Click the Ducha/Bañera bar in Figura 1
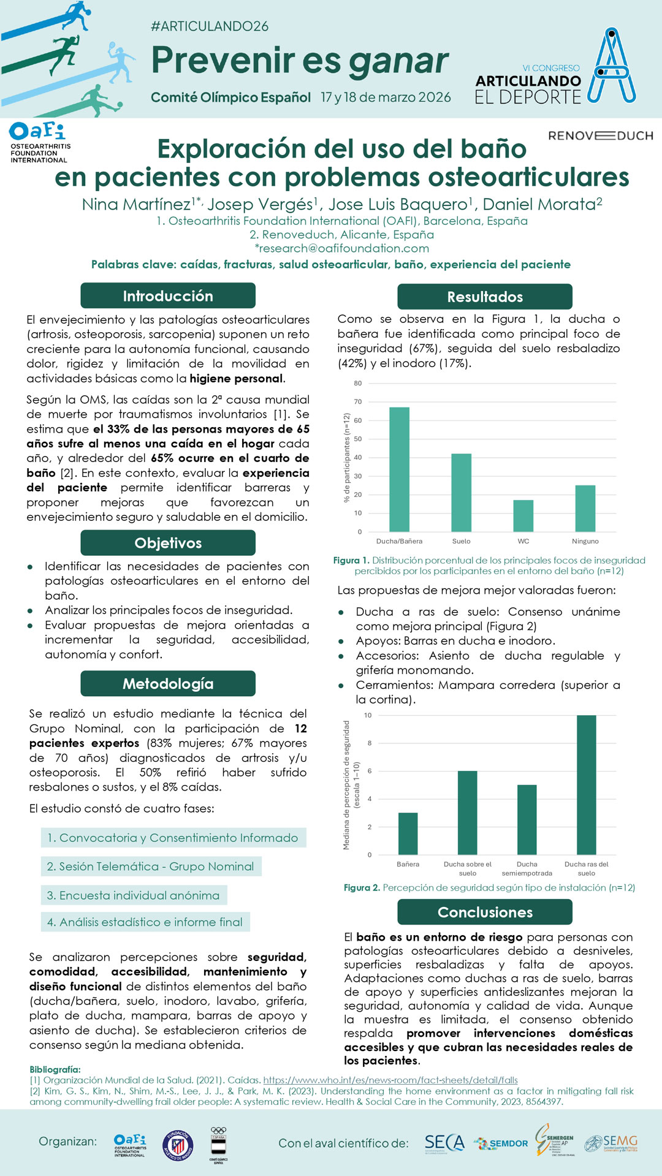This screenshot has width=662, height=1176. [399, 469]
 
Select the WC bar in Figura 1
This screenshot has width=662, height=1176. [523, 516]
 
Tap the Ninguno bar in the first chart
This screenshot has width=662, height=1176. [585, 509]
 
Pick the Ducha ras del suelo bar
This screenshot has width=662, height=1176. [586, 785]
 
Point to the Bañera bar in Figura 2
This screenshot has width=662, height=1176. [408, 833]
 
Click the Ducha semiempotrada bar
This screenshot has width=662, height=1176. [527, 819]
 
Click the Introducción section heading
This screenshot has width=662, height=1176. [168, 296]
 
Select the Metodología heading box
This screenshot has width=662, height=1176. [168, 684]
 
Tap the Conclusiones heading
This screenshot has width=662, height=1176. [485, 912]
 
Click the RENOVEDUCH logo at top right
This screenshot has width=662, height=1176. [600, 135]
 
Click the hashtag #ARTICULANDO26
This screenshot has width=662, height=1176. [210, 26]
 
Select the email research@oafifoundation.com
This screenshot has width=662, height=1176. [342, 248]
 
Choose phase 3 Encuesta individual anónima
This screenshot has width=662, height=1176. [134, 895]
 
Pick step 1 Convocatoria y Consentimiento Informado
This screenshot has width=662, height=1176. [173, 838]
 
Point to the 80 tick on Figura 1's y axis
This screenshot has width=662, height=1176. [358, 384]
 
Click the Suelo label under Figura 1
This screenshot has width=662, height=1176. [461, 541]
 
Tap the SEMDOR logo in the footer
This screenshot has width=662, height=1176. [501, 1143]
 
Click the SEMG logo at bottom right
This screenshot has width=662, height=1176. [611, 1143]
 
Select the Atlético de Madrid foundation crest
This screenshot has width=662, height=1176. [178, 1144]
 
